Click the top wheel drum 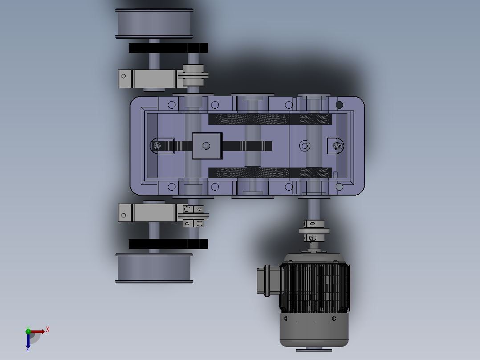point(154,23)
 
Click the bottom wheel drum point(154,268)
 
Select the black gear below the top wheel point(168,48)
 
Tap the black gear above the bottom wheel point(168,244)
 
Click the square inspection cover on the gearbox point(207,146)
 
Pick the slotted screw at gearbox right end point(338,145)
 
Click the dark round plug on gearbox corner point(339,105)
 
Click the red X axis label point(48,330)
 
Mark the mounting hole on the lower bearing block point(124,216)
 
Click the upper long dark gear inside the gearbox point(270,119)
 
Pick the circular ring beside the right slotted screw point(305,145)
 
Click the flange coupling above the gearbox point(193,75)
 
